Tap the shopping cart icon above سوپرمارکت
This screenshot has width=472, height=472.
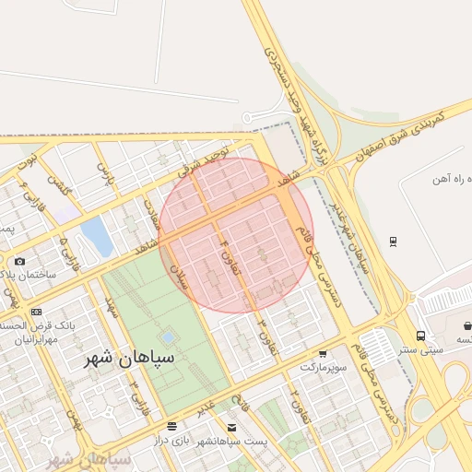point(323,354)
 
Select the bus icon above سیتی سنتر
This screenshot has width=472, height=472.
point(420,336)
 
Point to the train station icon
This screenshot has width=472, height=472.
point(394,242)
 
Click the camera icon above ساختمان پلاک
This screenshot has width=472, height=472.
point(20,261)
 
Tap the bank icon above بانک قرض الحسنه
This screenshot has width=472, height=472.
point(36,313)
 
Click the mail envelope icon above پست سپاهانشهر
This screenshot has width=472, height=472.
point(230,428)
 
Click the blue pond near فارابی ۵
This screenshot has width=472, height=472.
point(96,235)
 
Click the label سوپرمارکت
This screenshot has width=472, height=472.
point(324,367)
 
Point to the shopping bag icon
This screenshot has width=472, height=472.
point(468,325)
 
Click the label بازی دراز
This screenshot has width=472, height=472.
point(170,442)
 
